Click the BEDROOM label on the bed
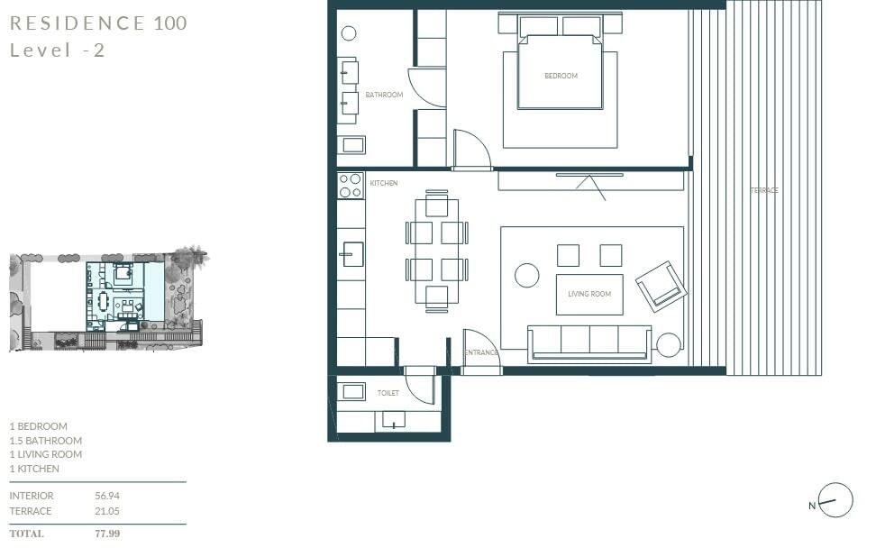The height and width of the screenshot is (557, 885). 561,77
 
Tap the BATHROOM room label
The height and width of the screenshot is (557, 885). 384,95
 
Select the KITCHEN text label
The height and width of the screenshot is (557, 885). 383,184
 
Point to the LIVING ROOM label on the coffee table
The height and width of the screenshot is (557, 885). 588,294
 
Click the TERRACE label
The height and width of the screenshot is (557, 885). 764,191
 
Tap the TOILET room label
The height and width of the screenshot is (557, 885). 388,394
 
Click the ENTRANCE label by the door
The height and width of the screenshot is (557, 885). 481,353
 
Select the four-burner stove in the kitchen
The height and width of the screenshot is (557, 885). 351,186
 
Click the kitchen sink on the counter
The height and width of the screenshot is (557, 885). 351,254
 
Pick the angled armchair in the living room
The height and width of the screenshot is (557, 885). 661,286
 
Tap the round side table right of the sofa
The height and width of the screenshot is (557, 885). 669,345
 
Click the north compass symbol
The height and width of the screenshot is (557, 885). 835,501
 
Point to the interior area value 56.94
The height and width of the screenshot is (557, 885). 107,496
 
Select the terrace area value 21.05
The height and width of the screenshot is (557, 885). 107,511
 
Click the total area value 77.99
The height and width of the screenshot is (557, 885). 107,534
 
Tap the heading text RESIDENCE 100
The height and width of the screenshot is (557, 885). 98,23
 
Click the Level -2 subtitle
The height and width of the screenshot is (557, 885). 57,50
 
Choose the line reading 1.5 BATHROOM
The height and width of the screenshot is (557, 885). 45,441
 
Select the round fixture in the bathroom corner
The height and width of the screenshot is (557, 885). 349,34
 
